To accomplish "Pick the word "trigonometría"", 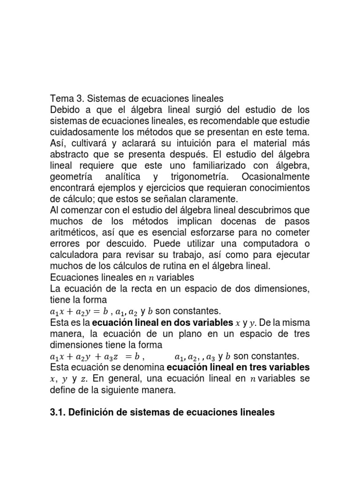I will pos(200,177).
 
